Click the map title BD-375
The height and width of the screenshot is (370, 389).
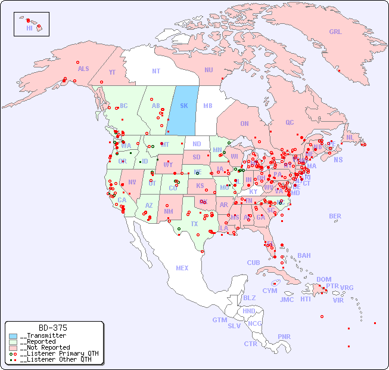[52, 328]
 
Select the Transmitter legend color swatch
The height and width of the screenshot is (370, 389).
[13, 336]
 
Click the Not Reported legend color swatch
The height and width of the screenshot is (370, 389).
[13, 347]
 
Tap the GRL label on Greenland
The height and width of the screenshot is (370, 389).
[335, 32]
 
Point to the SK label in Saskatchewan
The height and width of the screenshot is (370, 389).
[184, 106]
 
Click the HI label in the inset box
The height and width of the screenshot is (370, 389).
[29, 28]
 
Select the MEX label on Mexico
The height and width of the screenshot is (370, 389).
[182, 268]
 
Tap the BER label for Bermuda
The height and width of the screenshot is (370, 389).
[335, 216]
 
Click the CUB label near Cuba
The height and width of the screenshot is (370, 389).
[253, 263]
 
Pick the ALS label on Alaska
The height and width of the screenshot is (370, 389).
[83, 69]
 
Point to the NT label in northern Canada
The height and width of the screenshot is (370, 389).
[156, 71]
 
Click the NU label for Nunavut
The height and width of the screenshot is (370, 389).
[208, 70]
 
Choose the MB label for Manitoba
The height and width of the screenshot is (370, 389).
[208, 106]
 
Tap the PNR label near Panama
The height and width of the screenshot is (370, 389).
[284, 337]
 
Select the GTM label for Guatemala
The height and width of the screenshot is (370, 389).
[220, 320]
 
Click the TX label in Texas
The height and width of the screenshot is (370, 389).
[194, 224]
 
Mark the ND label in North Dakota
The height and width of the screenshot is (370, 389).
[197, 144]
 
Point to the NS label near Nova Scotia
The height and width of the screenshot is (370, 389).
[338, 159]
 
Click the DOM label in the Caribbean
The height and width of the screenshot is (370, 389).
[323, 279]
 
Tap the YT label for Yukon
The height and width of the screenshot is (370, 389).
[112, 72]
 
